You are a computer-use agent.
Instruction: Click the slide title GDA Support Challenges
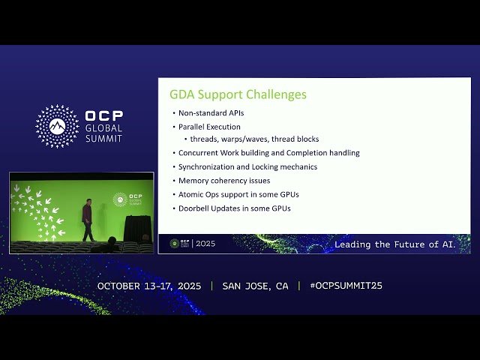click(x=238, y=95)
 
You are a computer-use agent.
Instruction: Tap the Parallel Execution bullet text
click(x=209, y=127)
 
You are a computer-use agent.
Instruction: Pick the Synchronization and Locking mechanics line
click(x=247, y=166)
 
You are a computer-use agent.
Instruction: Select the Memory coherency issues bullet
click(x=223, y=180)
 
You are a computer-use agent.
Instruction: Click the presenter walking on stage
click(x=88, y=219)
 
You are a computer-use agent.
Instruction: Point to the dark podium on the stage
click(x=137, y=228)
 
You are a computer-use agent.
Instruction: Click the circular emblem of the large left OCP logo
click(x=57, y=126)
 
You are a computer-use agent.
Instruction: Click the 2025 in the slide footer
click(x=205, y=244)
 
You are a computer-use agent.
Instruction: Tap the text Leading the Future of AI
click(x=400, y=244)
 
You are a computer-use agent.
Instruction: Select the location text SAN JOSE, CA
click(x=255, y=286)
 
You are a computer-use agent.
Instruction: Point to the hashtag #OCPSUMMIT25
click(x=345, y=286)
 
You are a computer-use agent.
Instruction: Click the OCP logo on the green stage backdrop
click(x=120, y=199)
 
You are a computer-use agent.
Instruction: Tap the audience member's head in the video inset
click(x=111, y=241)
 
